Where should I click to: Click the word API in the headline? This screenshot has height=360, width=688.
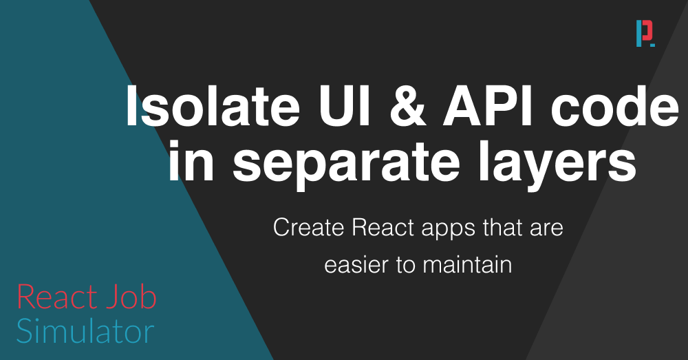(488, 106)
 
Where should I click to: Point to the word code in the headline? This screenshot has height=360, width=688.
(614, 106)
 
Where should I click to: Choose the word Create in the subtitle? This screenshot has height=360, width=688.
(308, 228)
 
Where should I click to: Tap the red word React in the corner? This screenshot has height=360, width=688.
(56, 297)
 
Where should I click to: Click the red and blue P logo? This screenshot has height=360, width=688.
(645, 33)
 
